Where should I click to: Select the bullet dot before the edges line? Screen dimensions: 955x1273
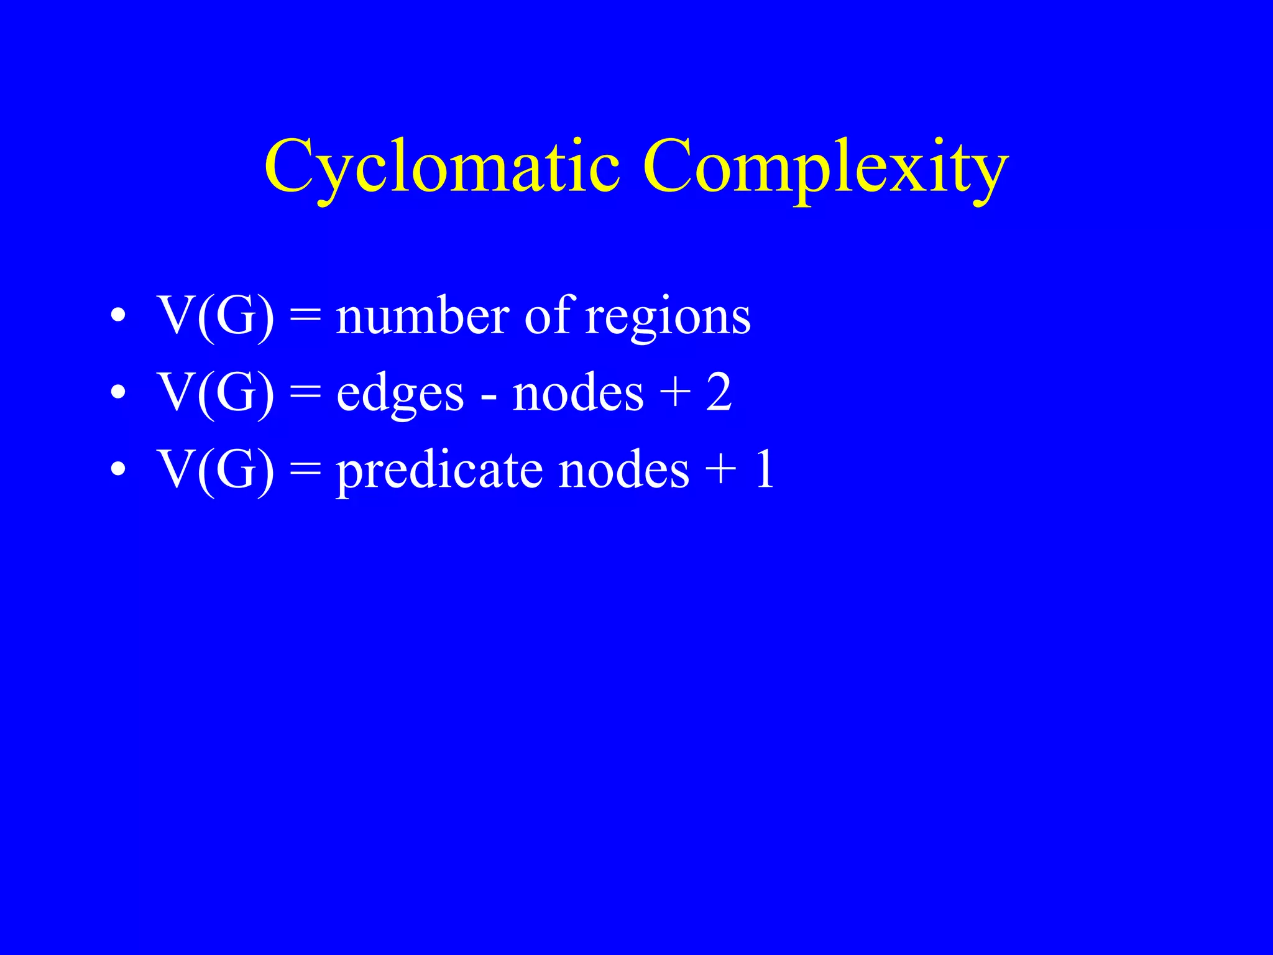click(117, 393)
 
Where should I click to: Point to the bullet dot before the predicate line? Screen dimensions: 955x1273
click(117, 470)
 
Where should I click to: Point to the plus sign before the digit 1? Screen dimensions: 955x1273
click(721, 471)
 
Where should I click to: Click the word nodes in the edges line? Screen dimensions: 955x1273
click(578, 393)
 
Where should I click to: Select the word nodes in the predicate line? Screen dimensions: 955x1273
click(624, 470)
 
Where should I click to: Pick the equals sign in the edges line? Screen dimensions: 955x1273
click(305, 393)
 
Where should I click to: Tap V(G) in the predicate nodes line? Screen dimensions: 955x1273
click(216, 470)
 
